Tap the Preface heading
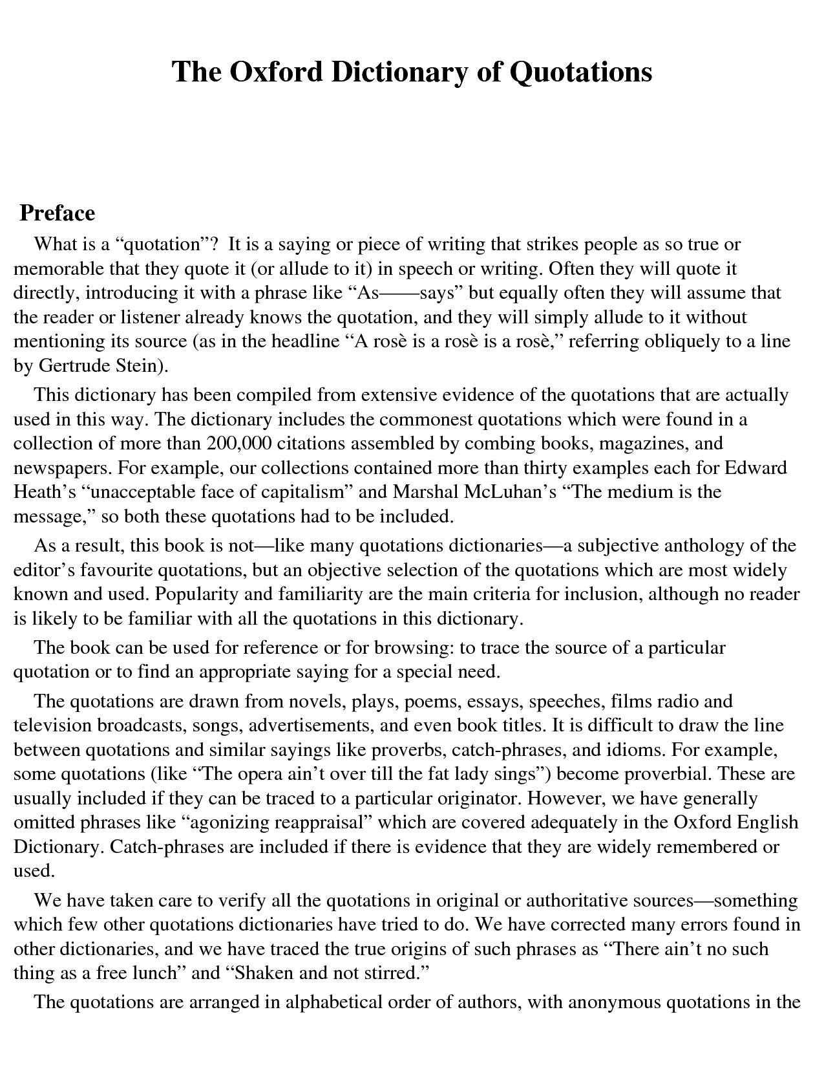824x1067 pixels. click(58, 213)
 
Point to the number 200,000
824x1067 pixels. click(237, 444)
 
